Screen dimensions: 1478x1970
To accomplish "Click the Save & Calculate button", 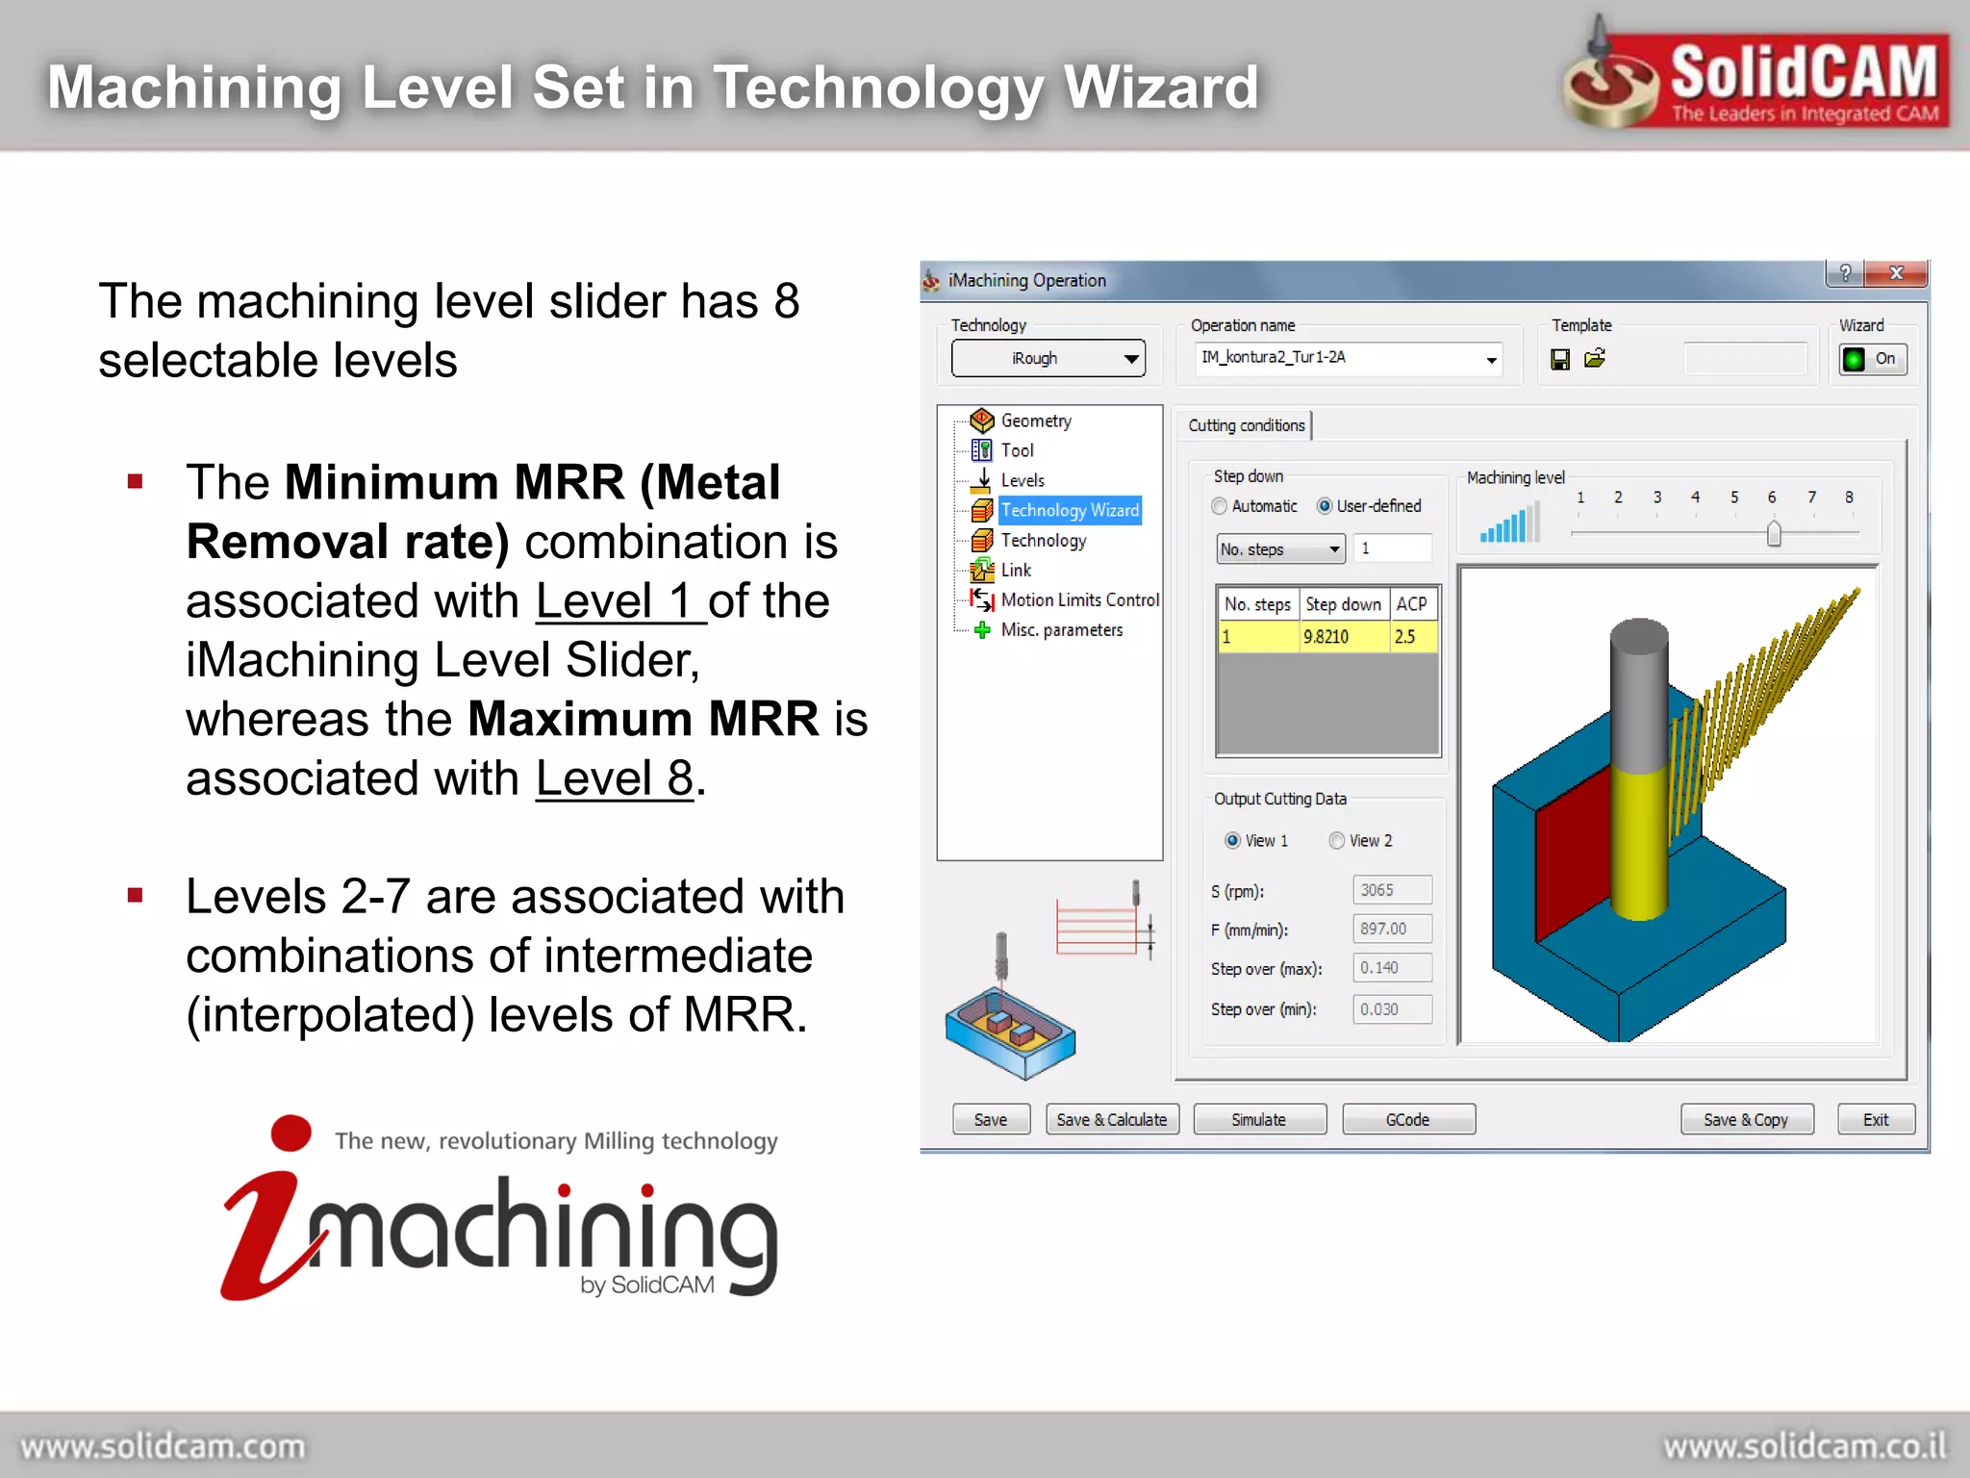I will point(1111,1119).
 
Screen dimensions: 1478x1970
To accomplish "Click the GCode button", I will point(1407,1119).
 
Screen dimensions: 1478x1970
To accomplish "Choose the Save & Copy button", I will point(1745,1119).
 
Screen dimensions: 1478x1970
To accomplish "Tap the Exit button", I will point(1875,1119).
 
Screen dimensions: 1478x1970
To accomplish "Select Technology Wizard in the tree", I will point(1069,510).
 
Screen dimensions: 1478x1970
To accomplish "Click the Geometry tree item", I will point(1035,420).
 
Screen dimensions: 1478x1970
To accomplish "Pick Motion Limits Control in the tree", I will point(1079,599).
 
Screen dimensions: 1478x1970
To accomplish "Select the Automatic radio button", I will point(1220,506).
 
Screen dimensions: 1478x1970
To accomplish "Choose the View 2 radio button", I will point(1337,840).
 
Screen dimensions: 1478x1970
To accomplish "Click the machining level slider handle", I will point(1774,533).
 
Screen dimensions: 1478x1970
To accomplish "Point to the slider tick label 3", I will point(1657,497).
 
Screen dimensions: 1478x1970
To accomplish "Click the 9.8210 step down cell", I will point(1327,636).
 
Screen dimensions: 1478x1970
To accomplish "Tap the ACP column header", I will point(1411,604).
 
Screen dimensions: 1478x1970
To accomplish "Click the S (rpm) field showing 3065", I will point(1391,890).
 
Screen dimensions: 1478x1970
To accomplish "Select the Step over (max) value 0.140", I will point(1391,968).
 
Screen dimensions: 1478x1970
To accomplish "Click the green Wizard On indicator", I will point(1854,359).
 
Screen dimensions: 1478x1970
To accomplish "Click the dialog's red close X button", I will point(1895,273).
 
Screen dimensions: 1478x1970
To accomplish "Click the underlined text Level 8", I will point(614,777).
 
